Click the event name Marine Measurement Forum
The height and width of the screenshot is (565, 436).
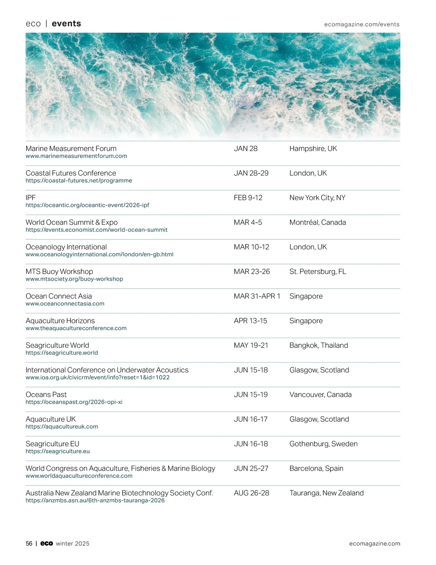[71, 149]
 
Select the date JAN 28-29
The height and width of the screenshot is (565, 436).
[251, 173]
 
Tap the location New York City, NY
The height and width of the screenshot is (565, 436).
[317, 198]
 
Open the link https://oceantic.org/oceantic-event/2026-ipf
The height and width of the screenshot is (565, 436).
[87, 205]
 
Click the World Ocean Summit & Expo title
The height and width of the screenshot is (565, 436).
[72, 222]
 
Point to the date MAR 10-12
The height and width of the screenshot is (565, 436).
[251, 247]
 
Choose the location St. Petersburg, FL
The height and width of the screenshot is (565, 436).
[318, 272]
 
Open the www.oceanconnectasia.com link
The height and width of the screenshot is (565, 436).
[65, 304]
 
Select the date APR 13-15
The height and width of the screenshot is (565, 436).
[250, 321]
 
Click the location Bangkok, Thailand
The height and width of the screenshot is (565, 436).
[319, 346]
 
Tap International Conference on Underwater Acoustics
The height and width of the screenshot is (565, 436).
[107, 370]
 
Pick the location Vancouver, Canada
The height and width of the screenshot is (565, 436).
[320, 395]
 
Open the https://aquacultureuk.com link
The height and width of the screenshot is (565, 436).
[62, 427]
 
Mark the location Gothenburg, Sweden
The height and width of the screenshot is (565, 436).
[323, 444]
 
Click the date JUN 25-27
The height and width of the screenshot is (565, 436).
[251, 469]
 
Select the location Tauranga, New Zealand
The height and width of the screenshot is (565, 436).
[326, 493]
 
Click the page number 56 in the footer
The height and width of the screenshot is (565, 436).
[29, 544]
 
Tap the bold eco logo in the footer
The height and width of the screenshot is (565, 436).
[47, 544]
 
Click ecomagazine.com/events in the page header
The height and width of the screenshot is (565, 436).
[362, 24]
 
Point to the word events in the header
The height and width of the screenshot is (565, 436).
[66, 24]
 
